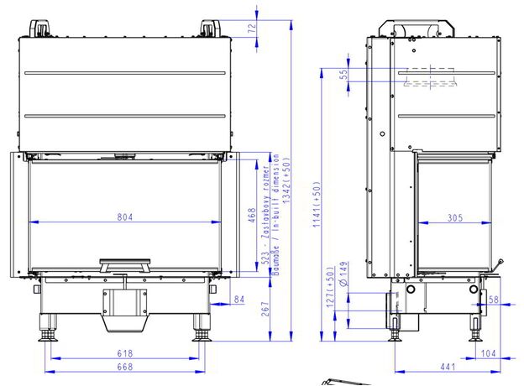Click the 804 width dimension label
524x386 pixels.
point(125,217)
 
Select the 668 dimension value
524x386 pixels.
point(125,367)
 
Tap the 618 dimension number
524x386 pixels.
point(125,353)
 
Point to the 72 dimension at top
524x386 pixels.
point(254,28)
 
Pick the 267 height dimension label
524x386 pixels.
point(265,309)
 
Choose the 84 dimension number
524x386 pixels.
point(239,300)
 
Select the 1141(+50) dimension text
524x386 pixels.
point(317,205)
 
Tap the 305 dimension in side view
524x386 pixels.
point(455,217)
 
